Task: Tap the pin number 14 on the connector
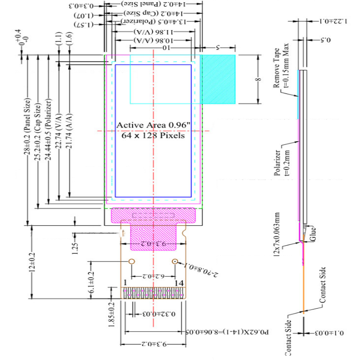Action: pos(180,283)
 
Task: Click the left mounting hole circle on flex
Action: pos(132,261)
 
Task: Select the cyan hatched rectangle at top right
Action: pos(218,79)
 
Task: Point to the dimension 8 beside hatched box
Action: pos(258,79)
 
